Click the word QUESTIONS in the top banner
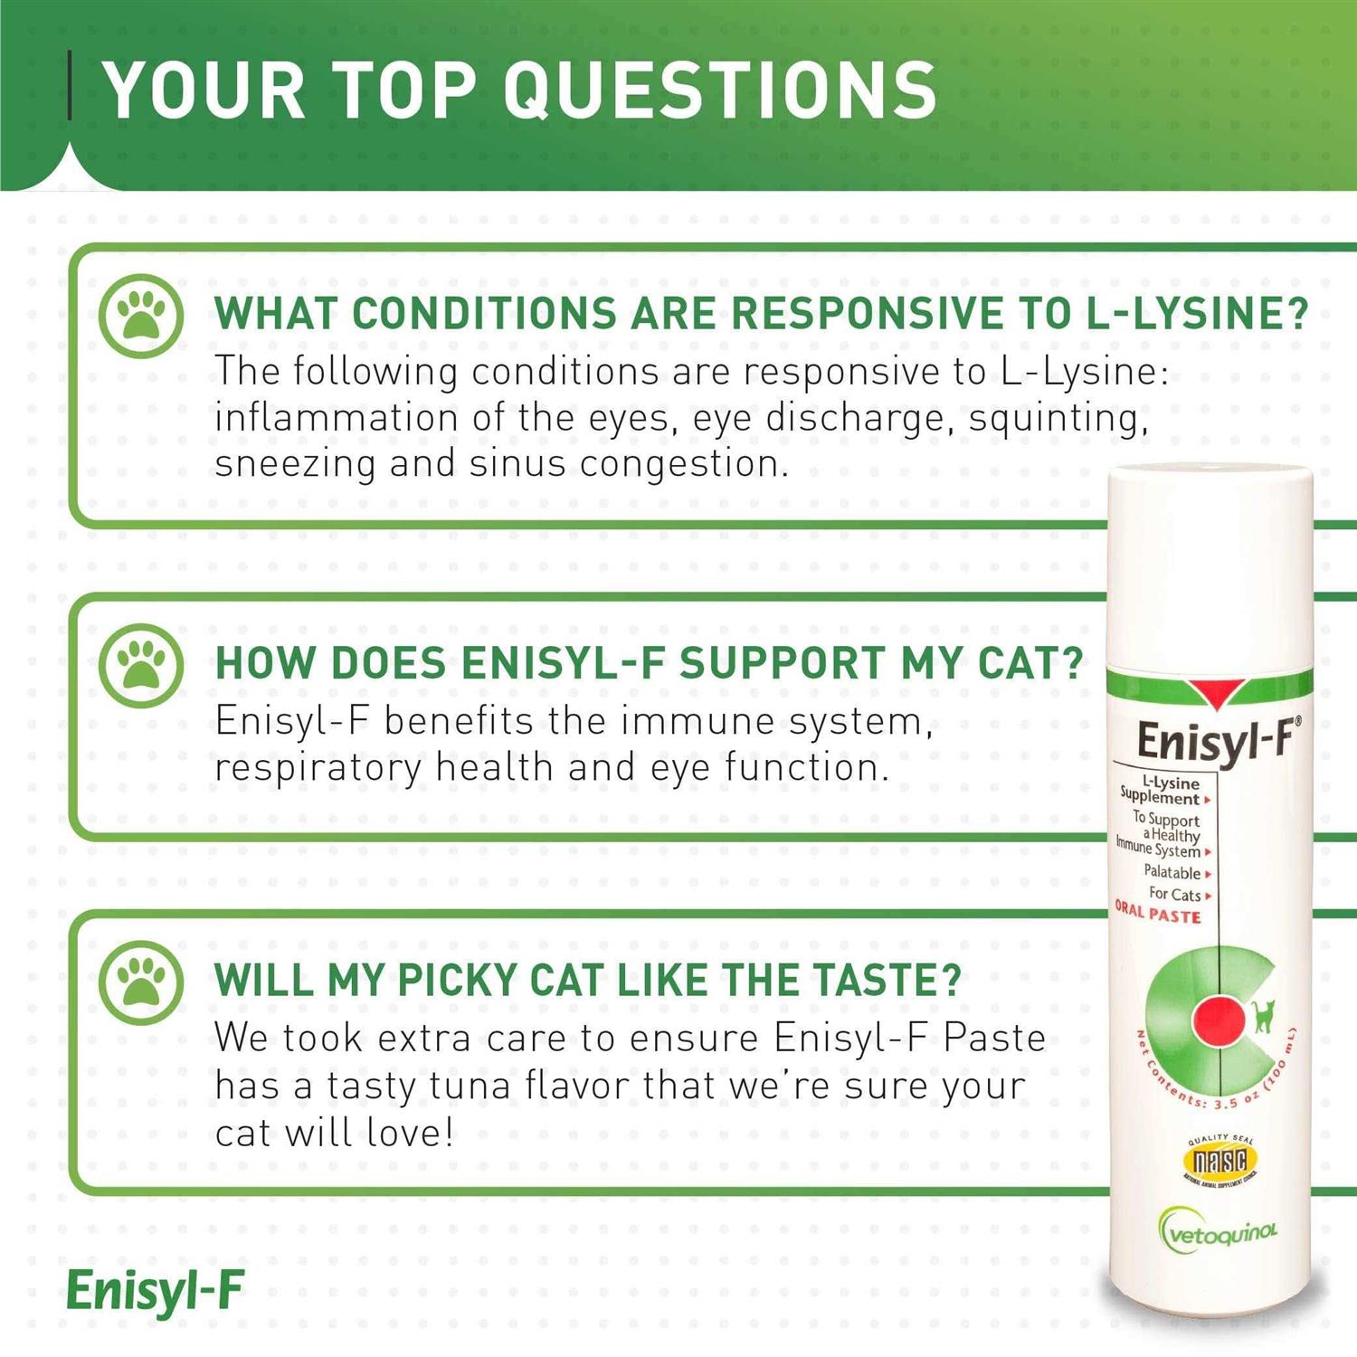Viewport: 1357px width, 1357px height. [719, 90]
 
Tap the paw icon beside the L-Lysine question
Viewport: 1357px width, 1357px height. [142, 316]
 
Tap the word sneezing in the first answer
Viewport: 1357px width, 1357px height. [295, 465]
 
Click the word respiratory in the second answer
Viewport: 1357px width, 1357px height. [318, 768]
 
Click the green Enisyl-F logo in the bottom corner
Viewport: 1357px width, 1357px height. [156, 1291]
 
